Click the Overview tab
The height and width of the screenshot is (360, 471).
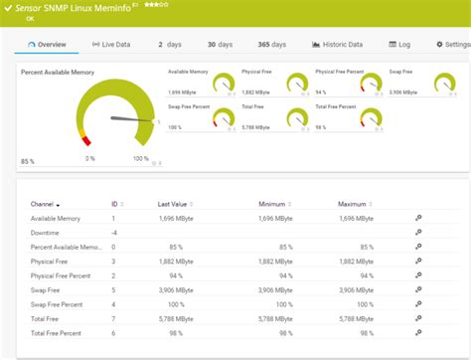(47, 45)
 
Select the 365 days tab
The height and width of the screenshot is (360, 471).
(271, 45)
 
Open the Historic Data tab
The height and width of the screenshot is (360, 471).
(338, 45)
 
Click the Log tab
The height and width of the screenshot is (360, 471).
(400, 45)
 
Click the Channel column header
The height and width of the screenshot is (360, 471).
(44, 204)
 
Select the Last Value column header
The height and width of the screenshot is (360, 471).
(172, 204)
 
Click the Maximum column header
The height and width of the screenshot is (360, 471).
(353, 204)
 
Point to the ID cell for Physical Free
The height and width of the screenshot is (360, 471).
(113, 261)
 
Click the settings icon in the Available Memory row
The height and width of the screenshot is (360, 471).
(418, 218)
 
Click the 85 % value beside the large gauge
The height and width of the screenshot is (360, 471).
(28, 160)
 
